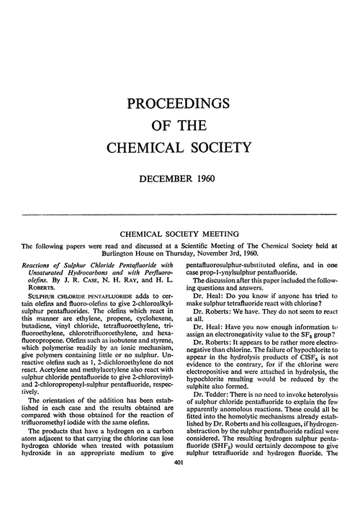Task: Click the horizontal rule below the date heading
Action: click(x=180, y=215)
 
